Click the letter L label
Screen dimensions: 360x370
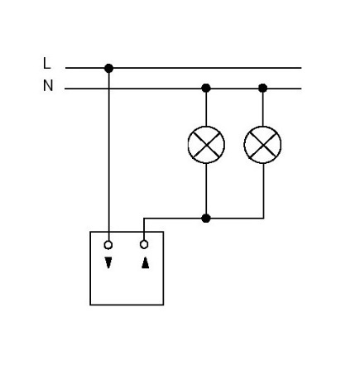47,63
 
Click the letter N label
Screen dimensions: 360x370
48,85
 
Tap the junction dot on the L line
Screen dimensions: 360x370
108,68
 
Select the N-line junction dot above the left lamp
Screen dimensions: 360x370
206,88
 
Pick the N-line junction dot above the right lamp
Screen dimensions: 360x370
262,88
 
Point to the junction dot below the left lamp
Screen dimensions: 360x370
206,219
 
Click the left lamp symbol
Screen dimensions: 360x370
206,145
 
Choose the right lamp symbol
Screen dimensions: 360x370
262,145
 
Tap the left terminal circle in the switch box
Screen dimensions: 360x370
108,245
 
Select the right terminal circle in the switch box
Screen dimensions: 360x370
144,244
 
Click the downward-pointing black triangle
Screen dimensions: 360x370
108,262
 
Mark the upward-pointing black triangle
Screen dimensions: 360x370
145,262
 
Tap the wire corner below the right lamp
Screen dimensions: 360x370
263,219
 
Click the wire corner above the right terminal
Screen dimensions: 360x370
144,219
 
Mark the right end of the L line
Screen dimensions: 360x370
301,68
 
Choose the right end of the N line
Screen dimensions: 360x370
301,89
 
